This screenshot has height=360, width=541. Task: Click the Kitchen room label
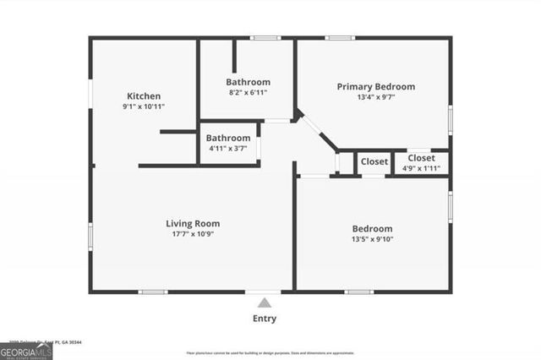coord(143,96)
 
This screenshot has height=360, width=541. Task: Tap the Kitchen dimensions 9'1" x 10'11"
coord(143,107)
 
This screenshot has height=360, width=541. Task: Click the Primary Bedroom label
coord(375,86)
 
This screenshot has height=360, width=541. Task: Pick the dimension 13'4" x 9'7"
coord(375,97)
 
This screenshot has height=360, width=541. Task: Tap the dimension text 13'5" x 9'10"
coord(372,239)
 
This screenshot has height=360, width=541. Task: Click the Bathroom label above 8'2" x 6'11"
coord(247,82)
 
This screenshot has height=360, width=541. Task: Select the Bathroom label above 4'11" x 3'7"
coord(229,138)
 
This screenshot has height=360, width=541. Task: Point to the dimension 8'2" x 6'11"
coord(247,93)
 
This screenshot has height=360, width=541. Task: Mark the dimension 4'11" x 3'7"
coord(229,149)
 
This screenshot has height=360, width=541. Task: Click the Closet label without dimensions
coord(374,161)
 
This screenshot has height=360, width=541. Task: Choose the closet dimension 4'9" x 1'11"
coord(421,167)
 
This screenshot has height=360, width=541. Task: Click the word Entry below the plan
coord(264,319)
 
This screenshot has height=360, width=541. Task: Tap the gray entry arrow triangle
coord(265,303)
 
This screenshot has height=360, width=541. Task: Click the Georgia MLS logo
coord(26,351)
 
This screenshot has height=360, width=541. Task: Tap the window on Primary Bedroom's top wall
coord(340,37)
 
